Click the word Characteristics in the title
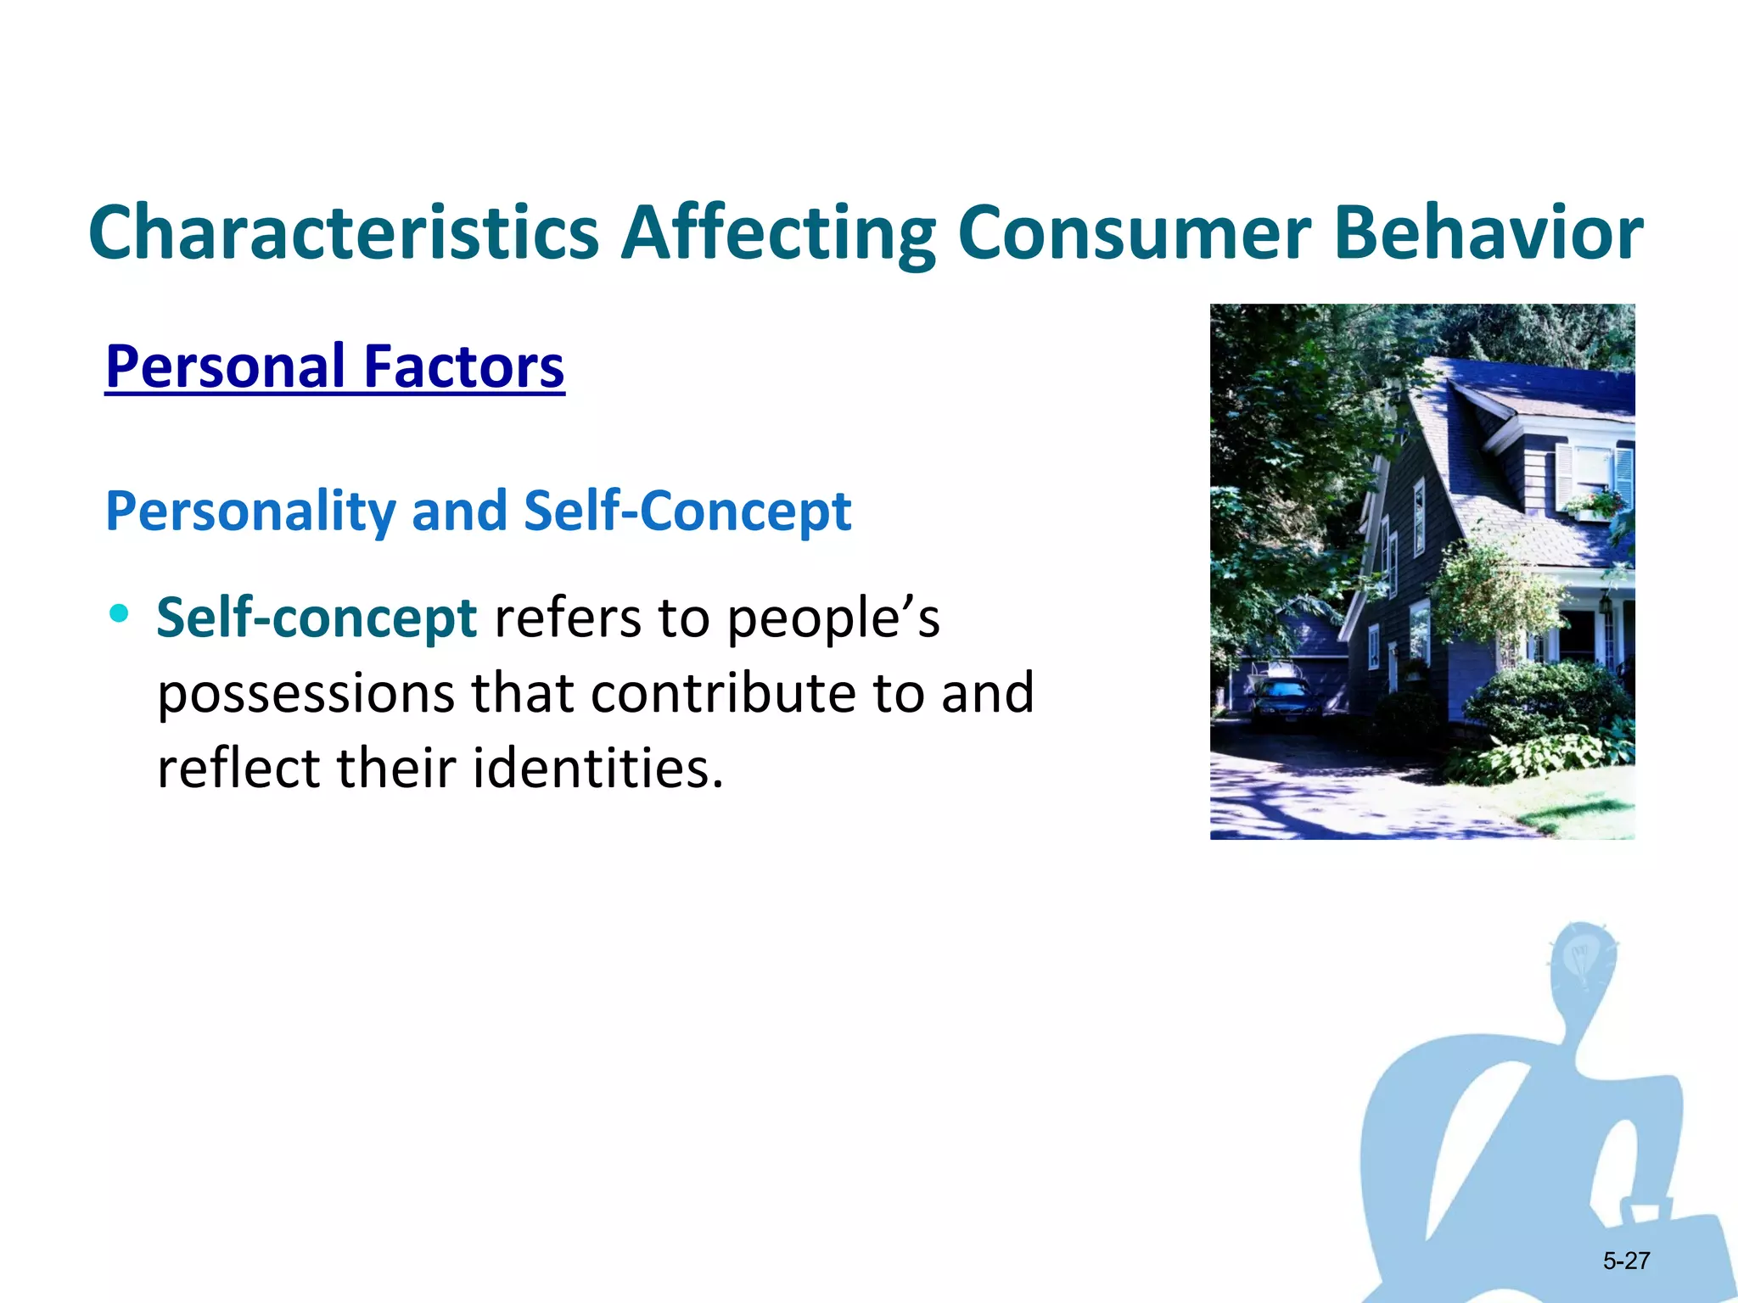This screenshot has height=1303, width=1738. coord(344,233)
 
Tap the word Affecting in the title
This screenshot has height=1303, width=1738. coord(778,233)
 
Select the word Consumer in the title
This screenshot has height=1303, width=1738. coord(1134,233)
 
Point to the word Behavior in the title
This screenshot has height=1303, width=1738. coord(1489,233)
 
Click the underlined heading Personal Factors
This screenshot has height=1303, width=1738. coord(334,366)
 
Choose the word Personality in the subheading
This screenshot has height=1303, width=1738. coord(250,512)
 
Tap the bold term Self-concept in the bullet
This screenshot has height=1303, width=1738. coord(317,617)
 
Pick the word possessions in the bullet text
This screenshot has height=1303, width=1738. coord(306,693)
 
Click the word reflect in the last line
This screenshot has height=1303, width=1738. coord(238,768)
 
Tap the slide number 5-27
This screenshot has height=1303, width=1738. coord(1626,1261)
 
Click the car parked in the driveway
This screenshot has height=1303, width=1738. coord(1284,702)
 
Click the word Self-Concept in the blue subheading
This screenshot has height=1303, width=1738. coord(687,512)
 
